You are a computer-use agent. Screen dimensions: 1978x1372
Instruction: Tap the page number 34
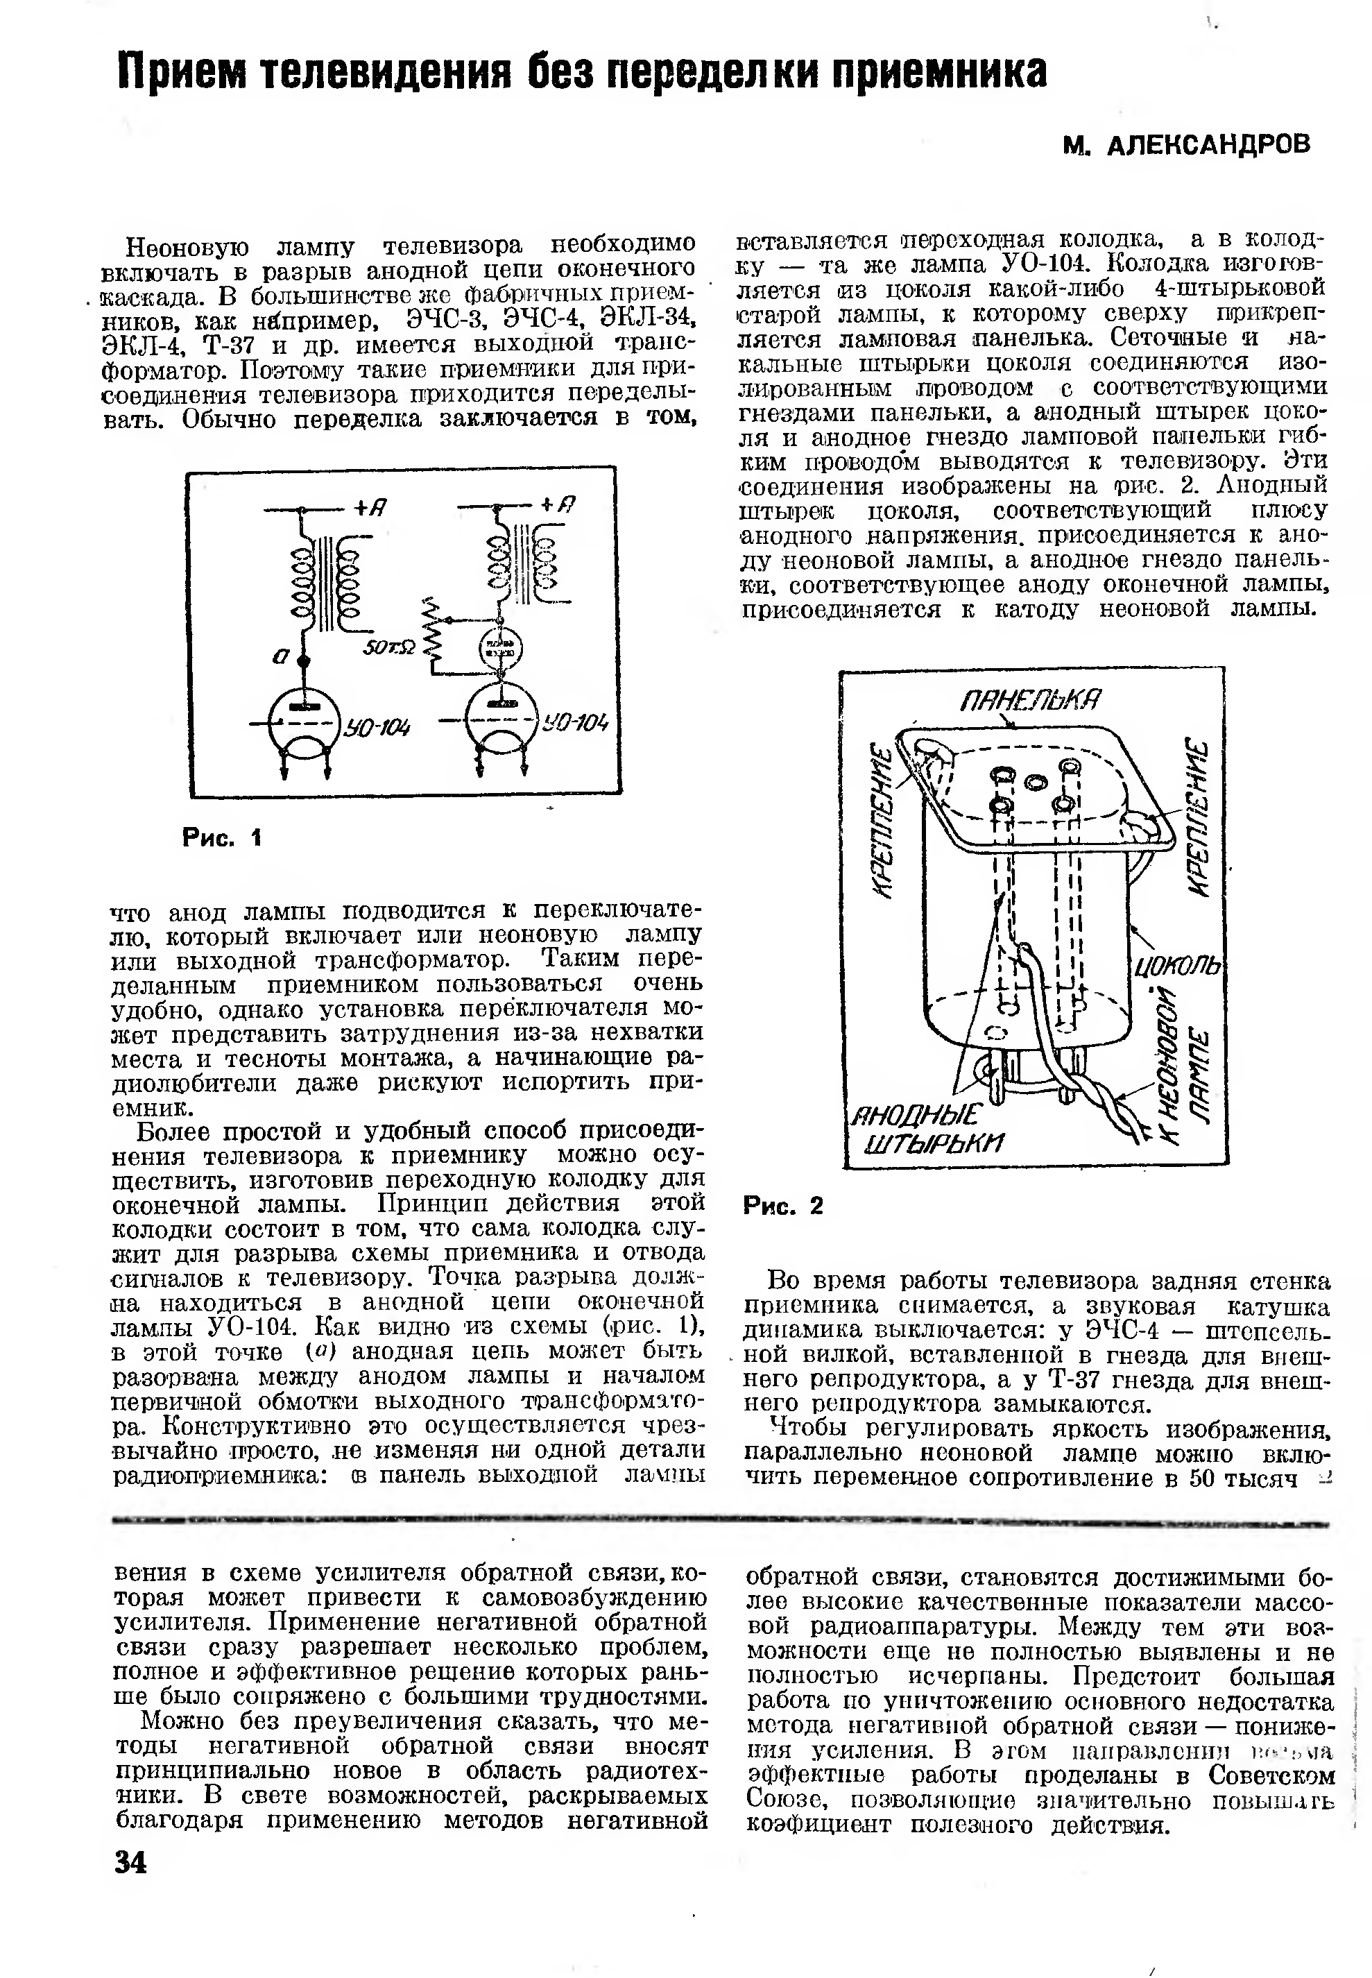tap(130, 1862)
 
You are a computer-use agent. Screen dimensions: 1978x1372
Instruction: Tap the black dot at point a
tap(302, 660)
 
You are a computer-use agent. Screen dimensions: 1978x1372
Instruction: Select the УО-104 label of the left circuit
tap(377, 728)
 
